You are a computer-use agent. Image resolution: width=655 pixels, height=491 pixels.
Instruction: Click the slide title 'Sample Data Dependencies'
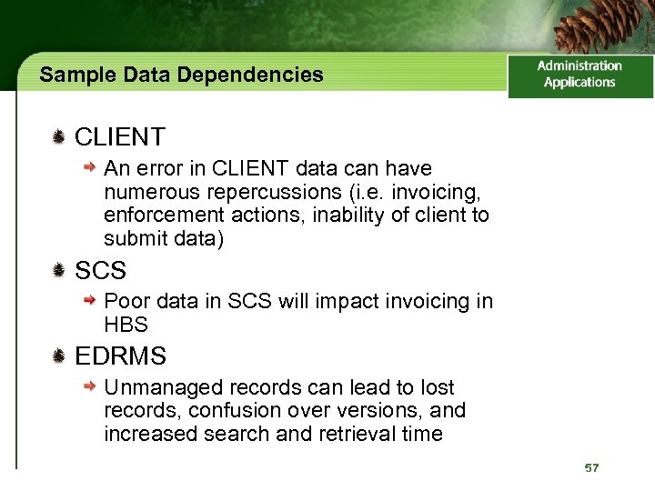(181, 75)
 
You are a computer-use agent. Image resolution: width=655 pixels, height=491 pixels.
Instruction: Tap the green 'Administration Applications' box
(579, 75)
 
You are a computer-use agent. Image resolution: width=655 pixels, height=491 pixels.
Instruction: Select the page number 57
(592, 467)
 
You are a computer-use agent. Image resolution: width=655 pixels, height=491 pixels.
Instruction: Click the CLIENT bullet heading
(119, 137)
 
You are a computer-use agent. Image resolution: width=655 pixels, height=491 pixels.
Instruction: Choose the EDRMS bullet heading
(120, 356)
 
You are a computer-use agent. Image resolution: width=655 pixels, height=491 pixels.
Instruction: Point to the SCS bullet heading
(100, 270)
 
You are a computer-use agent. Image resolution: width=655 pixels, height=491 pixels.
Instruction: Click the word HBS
(126, 325)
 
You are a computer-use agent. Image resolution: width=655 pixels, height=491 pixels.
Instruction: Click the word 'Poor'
(125, 301)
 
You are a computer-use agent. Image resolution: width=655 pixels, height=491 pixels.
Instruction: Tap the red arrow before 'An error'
(89, 168)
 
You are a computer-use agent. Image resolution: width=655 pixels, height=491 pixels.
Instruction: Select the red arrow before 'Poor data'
(89, 301)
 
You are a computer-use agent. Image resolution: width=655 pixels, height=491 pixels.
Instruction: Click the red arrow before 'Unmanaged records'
(89, 387)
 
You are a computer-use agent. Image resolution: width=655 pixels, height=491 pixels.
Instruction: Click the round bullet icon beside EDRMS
(58, 356)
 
